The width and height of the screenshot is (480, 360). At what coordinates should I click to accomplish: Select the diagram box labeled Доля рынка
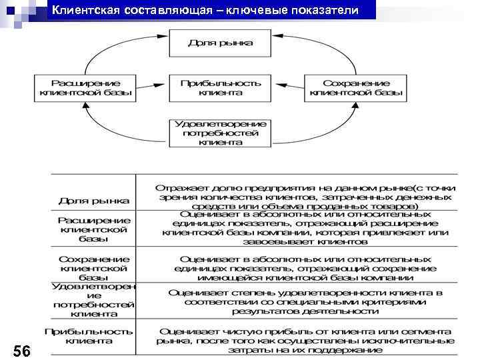(220, 43)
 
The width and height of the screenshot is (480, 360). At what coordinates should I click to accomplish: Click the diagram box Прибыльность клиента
(220, 88)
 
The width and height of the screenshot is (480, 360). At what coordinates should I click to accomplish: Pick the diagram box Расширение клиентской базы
(85, 88)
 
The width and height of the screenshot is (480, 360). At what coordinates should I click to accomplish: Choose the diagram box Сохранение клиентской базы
(355, 88)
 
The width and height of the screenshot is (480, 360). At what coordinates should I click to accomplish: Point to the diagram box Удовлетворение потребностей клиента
(220, 133)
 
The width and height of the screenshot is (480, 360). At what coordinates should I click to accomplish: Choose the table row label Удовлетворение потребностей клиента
(93, 299)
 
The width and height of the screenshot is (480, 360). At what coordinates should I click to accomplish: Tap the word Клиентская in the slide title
(85, 11)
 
